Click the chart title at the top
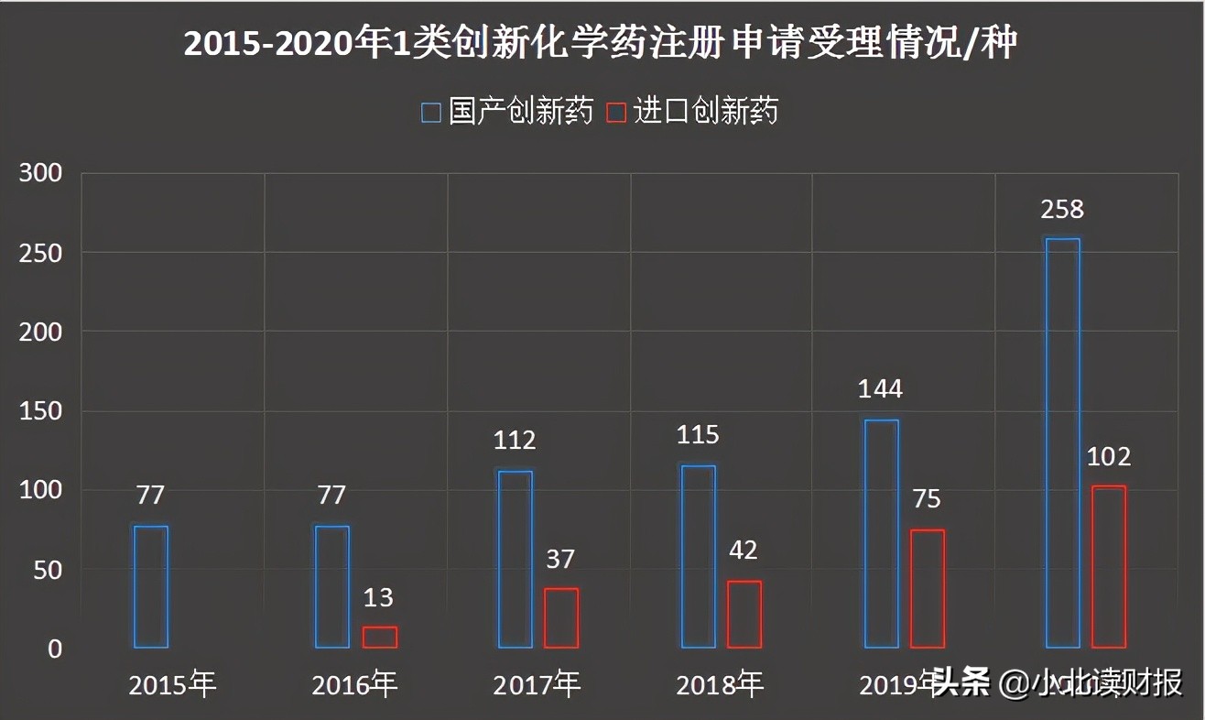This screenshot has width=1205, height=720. tap(601, 43)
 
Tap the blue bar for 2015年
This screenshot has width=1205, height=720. tap(150, 587)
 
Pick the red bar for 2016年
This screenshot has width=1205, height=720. tap(379, 638)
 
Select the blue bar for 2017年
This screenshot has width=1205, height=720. tap(515, 559)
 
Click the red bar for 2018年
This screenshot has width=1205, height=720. tap(744, 615)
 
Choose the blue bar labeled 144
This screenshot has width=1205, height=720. tap(881, 534)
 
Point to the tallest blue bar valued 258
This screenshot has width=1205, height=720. tap(1063, 443)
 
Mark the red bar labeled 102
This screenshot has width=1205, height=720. tap(1109, 567)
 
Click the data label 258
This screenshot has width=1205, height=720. tap(1062, 209)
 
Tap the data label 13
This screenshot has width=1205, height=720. tap(378, 598)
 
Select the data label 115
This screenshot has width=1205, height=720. tap(698, 434)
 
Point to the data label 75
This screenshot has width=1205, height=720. tap(927, 499)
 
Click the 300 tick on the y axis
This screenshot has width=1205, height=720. tap(40, 173)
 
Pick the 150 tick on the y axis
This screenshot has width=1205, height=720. tap(40, 411)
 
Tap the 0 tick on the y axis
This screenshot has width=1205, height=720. tap(55, 649)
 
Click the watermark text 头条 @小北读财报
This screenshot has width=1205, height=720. tap(1058, 682)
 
